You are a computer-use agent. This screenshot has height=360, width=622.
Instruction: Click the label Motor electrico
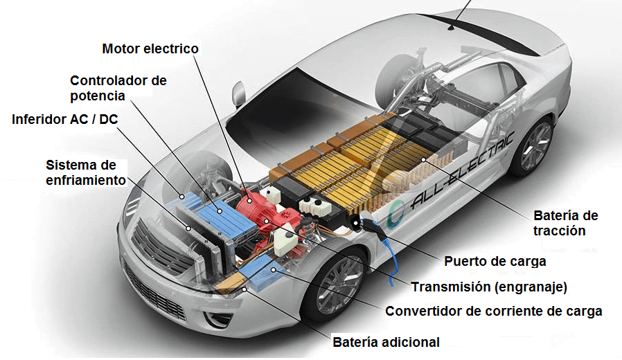click(150, 49)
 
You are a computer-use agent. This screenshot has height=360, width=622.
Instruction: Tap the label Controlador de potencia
click(118, 88)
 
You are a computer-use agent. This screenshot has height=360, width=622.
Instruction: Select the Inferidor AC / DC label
click(65, 119)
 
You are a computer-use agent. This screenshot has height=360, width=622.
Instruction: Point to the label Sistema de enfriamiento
click(86, 172)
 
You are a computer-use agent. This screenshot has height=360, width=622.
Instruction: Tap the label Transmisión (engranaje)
click(489, 287)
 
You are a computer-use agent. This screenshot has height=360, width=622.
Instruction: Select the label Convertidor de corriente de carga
click(493, 312)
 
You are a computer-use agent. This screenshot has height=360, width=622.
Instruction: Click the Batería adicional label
click(386, 342)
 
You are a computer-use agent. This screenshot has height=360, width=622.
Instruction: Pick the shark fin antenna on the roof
click(454, 28)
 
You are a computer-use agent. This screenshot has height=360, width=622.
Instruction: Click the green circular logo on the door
click(397, 210)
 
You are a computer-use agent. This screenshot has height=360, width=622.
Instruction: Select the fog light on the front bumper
click(221, 320)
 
